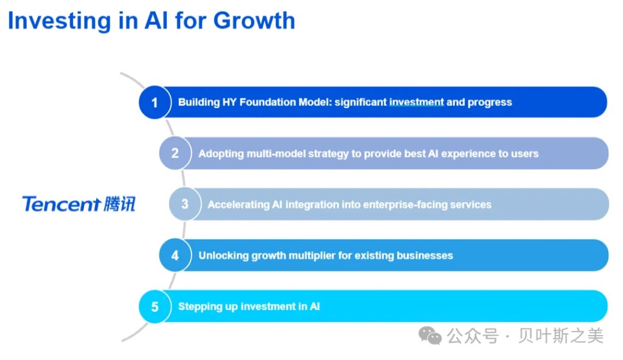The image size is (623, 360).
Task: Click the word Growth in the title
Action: click(x=254, y=21)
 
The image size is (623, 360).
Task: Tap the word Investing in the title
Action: click(x=59, y=21)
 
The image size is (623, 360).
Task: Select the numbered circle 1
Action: click(x=155, y=102)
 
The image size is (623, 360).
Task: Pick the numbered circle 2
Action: click(x=175, y=153)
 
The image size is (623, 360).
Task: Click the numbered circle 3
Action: click(x=185, y=204)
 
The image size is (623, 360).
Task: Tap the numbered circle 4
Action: click(x=175, y=255)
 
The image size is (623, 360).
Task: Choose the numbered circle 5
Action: click(x=155, y=306)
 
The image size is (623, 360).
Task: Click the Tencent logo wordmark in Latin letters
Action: click(x=61, y=204)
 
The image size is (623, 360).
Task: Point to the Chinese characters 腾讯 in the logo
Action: click(x=120, y=204)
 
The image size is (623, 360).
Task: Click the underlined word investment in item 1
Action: click(x=416, y=102)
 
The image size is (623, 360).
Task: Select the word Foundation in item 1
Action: click(x=268, y=102)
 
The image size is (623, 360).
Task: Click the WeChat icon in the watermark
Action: click(x=430, y=335)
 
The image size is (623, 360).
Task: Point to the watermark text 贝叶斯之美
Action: click(x=560, y=336)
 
